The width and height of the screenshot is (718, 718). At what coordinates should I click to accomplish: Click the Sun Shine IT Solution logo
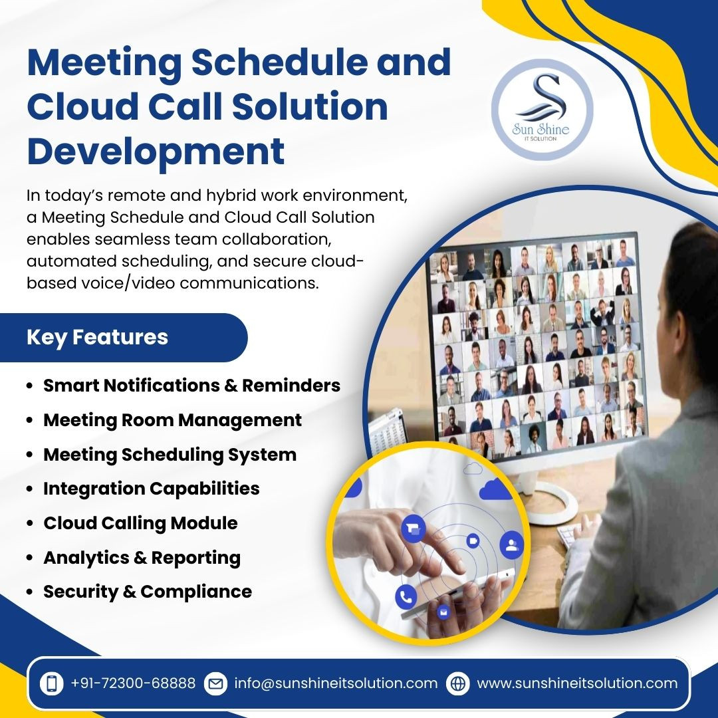coord(542,110)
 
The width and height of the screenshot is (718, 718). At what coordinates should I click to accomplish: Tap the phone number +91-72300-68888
coord(133,683)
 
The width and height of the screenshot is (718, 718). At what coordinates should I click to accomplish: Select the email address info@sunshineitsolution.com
coord(336,683)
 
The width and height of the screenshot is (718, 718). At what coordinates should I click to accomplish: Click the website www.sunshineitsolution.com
coord(577,683)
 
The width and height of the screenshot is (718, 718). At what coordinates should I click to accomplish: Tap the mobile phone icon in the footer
coord(52,683)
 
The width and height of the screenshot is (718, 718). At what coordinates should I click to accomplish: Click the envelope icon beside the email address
coord(215,683)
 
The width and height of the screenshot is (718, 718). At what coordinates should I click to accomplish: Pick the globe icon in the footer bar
coord(457,683)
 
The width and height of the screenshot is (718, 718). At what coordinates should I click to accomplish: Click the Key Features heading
coord(97,337)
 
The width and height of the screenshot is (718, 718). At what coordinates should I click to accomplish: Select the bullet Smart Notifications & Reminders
coord(191,386)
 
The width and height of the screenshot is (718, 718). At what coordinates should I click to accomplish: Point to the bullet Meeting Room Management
coord(172,420)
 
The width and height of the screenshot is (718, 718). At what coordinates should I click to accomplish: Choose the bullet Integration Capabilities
coord(151,489)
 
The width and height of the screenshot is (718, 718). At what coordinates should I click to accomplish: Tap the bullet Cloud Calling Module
coord(140,523)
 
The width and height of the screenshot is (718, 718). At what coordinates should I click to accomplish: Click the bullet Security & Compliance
coord(148,592)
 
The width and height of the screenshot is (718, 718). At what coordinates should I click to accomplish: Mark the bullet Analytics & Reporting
coord(142,558)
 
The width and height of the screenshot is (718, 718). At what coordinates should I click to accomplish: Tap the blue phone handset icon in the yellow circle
coord(406,597)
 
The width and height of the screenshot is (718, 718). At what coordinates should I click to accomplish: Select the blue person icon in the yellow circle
coord(511,545)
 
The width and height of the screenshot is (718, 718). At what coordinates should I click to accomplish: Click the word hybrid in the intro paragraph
coord(231,196)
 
